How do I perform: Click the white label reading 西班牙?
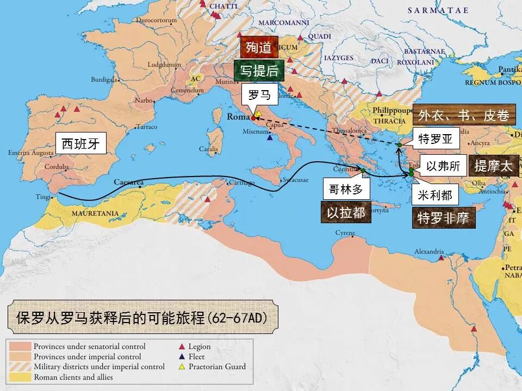tap(81, 144)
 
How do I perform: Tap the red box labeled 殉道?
tap(258, 47)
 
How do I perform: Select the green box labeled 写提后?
tap(259, 71)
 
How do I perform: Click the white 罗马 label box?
tap(259, 94)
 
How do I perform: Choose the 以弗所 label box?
tap(443, 166)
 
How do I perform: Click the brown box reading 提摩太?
tap(493, 167)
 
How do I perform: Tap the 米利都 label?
tap(435, 194)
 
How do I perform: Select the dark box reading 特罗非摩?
tap(443, 218)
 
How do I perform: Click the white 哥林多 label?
tap(346, 188)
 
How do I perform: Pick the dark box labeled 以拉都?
tap(346, 212)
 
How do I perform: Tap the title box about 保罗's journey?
tap(142, 317)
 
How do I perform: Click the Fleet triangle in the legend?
tap(182, 356)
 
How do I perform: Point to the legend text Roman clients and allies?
tap(73, 377)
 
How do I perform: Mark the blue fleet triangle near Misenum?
tap(270, 137)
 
